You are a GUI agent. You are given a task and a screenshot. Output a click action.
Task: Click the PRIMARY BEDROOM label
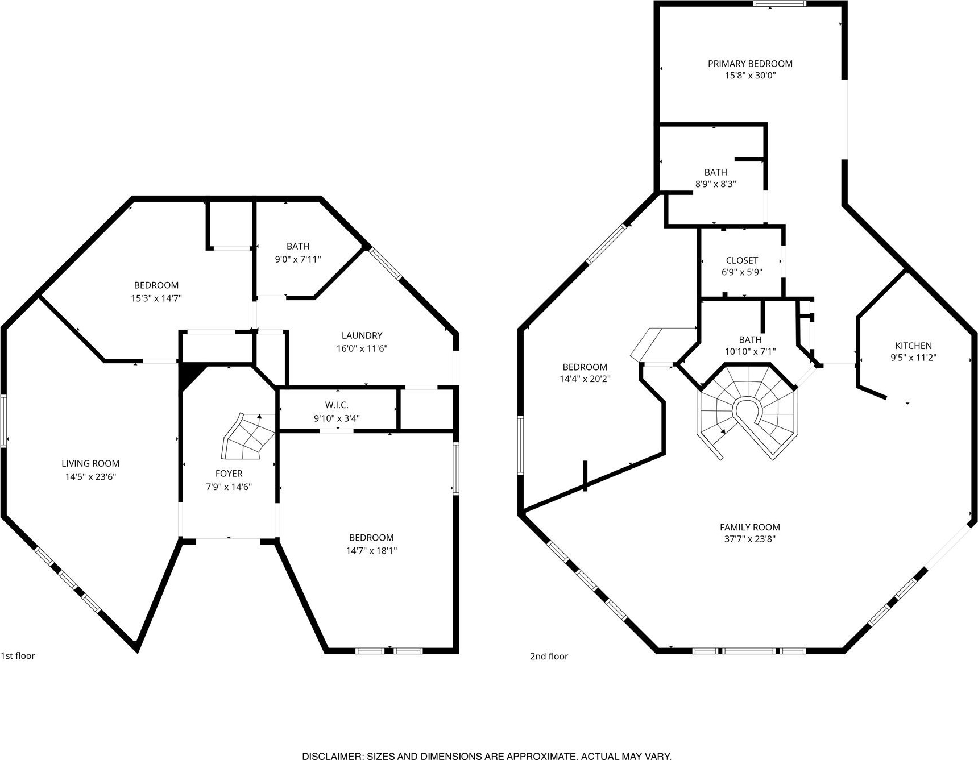(x=750, y=64)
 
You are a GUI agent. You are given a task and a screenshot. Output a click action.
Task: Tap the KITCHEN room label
(x=913, y=346)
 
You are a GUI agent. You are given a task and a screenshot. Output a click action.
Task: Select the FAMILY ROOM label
(x=750, y=527)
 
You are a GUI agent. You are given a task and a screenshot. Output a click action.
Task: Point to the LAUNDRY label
(x=362, y=335)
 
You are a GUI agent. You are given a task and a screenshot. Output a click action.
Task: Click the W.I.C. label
(x=337, y=405)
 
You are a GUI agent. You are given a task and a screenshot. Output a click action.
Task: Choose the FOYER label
(x=229, y=474)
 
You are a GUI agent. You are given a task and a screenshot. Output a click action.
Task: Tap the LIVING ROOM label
(x=90, y=463)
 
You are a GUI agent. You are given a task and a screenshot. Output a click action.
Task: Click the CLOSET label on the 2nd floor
(x=742, y=260)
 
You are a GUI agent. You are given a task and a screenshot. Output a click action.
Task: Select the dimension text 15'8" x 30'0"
(x=750, y=76)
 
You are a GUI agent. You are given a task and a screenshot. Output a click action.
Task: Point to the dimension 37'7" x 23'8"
(x=750, y=539)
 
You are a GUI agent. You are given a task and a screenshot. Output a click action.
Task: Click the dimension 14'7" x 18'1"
(x=371, y=550)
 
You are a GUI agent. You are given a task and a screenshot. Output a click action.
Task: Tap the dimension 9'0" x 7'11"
(x=298, y=259)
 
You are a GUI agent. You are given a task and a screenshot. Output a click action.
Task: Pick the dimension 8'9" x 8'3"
(x=716, y=184)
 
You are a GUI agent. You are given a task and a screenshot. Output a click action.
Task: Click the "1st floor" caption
(x=18, y=655)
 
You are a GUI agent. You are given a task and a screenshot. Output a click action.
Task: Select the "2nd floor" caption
(x=549, y=656)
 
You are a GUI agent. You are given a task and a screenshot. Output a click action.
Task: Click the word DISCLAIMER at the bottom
(x=332, y=757)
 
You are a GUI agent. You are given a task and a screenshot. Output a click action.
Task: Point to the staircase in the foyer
(x=248, y=437)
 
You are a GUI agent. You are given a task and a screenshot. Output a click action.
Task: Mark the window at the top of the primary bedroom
(x=780, y=3)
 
